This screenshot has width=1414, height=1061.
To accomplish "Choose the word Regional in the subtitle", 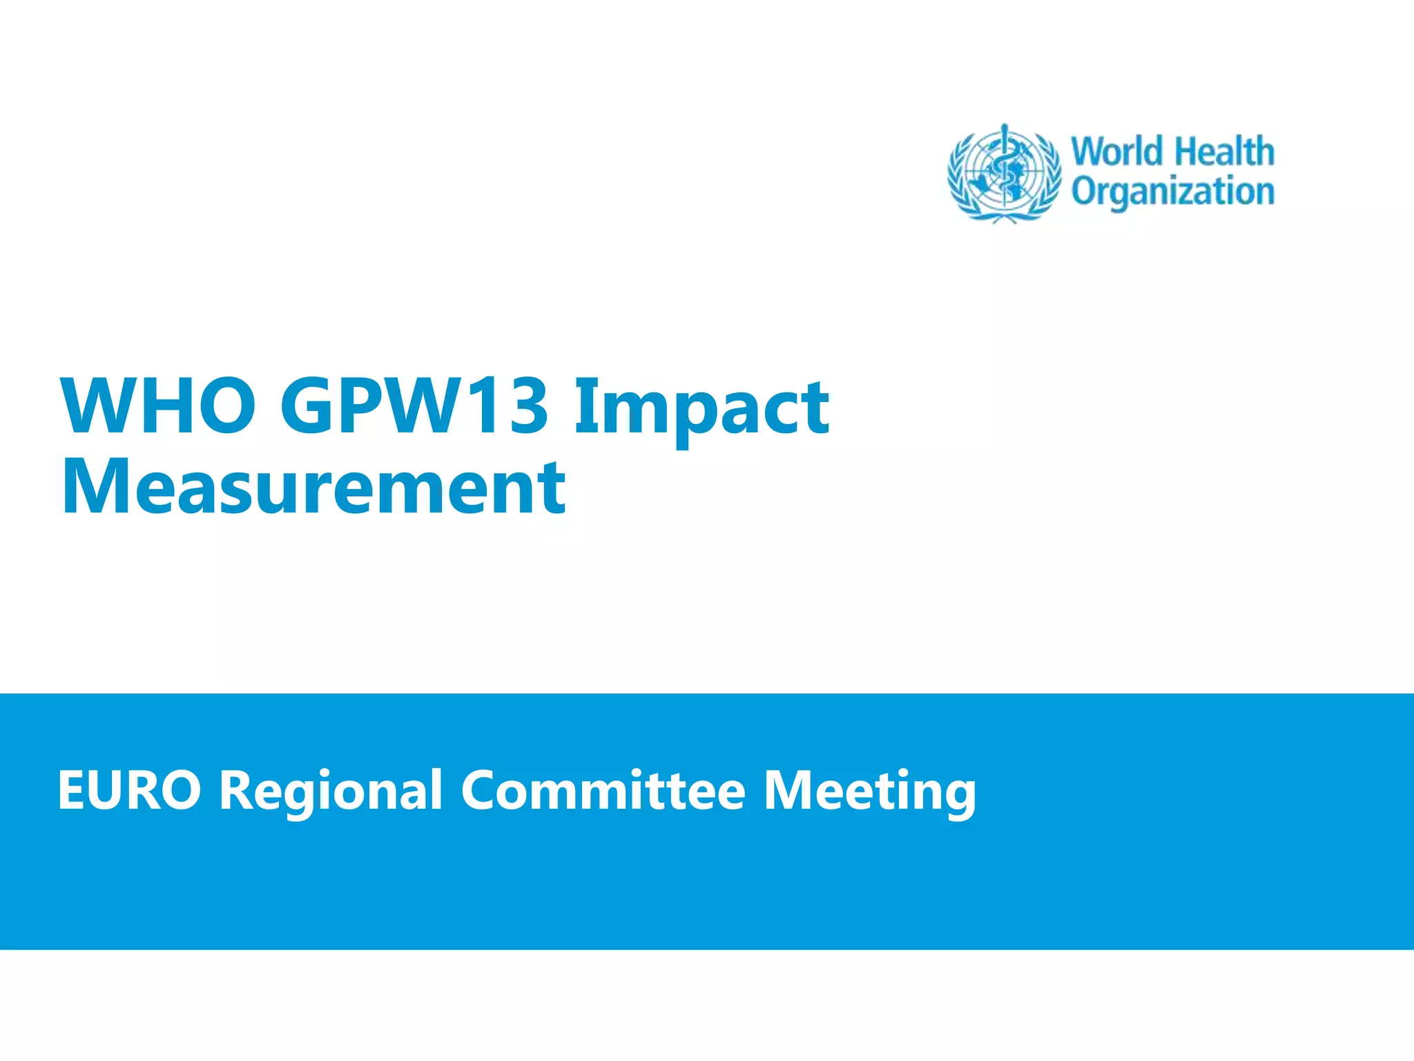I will click(x=331, y=792).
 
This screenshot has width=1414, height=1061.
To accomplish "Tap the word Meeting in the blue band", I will click(x=869, y=792).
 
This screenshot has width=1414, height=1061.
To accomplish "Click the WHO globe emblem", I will click(x=1005, y=173).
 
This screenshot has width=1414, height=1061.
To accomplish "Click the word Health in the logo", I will click(x=1224, y=152).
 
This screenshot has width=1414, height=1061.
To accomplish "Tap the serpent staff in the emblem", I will click(x=1005, y=169).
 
